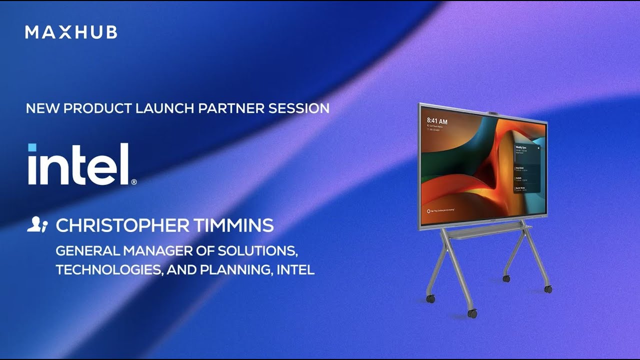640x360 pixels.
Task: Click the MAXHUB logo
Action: pos(71,32)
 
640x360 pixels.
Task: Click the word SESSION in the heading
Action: pos(299,108)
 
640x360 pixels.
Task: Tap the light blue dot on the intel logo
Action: pos(32,147)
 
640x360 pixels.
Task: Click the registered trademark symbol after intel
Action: pos(133,182)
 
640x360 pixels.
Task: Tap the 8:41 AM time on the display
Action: pos(437,121)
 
